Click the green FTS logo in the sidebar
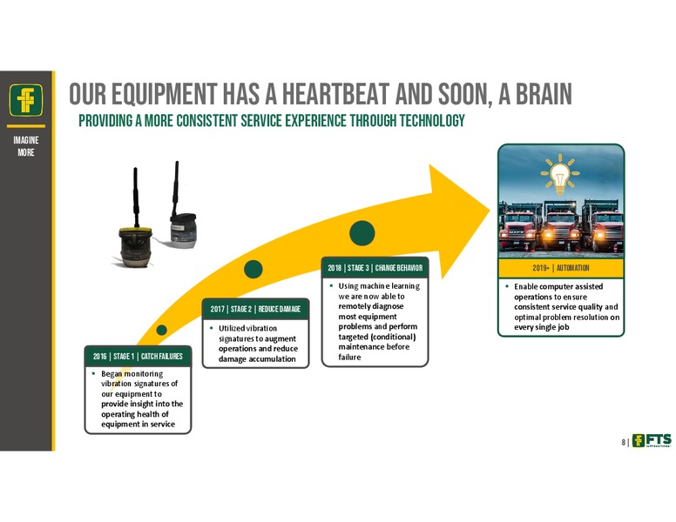coord(26,99)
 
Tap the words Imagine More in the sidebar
coord(26,146)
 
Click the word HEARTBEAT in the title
coord(335,94)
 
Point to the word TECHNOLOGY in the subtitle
coord(432,121)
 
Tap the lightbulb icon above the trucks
coord(560,174)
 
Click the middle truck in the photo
coord(560,226)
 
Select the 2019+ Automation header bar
coord(561,268)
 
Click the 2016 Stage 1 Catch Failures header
coord(138,356)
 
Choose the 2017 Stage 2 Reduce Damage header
coord(255,309)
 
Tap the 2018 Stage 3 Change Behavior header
coord(375,268)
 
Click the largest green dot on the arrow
coord(362,233)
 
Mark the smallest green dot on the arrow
coord(162,330)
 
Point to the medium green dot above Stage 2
coord(253,269)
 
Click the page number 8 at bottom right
coord(624,442)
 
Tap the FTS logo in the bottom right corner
coord(652,440)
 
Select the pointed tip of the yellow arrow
coord(490,210)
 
